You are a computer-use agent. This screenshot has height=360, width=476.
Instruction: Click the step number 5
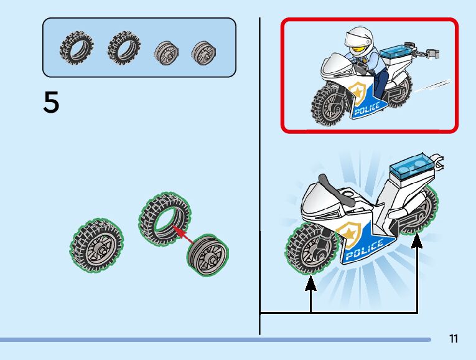[x=52, y=103]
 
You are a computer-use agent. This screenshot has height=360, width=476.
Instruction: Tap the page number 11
[x=453, y=339]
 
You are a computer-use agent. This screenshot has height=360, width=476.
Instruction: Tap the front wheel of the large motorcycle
[x=310, y=248]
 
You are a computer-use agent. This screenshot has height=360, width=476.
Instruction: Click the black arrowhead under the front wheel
[x=310, y=283]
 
